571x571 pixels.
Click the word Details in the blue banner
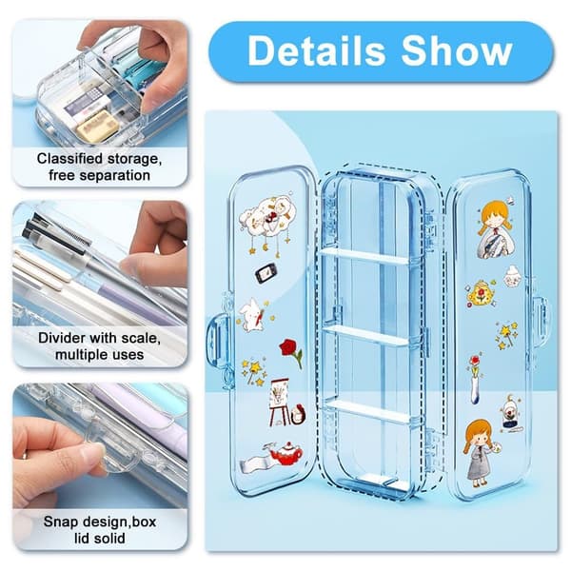click(x=316, y=50)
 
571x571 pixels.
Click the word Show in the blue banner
click(x=457, y=50)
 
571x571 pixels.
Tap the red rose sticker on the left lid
click(x=291, y=352)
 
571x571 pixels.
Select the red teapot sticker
click(x=286, y=453)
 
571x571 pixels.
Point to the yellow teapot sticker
click(x=481, y=292)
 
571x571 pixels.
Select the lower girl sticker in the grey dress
click(x=480, y=453)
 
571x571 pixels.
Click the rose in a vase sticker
click(x=475, y=380)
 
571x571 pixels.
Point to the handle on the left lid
click(x=217, y=340)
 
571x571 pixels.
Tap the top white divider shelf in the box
click(x=365, y=256)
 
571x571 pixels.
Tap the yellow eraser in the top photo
click(x=98, y=125)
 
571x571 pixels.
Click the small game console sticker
click(x=266, y=273)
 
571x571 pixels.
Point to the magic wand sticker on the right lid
click(x=506, y=335)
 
